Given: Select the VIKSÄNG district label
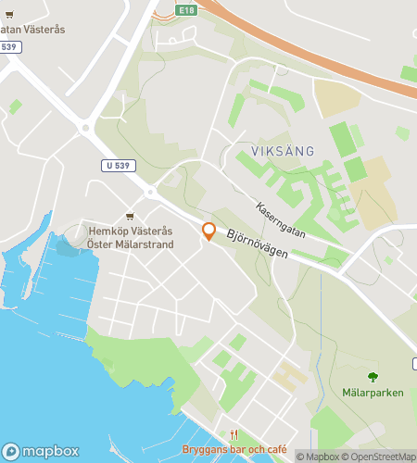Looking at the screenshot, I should [x=283, y=150].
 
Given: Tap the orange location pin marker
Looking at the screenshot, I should [x=209, y=231].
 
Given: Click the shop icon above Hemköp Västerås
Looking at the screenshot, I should [x=129, y=217].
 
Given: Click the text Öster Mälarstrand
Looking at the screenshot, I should [x=130, y=244].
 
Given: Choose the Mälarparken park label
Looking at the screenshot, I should [x=373, y=393].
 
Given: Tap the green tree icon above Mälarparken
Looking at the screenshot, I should [x=373, y=377].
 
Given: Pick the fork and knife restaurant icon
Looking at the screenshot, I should [x=234, y=434].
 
